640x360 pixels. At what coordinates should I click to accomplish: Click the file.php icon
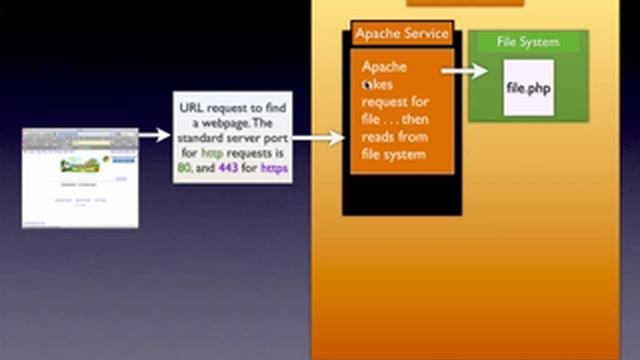pos(528,88)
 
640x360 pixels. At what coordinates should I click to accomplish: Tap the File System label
pos(527,43)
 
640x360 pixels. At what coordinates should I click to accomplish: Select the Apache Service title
pos(402,34)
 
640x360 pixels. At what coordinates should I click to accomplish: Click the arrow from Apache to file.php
pos(464,70)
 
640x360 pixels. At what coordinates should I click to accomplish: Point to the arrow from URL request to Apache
pos(319,139)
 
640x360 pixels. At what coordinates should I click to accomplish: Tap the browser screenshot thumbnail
pos(80,177)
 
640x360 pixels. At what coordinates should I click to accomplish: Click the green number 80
pos(184,169)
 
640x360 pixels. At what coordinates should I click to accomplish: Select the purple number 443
pos(228,169)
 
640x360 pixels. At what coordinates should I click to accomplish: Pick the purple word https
pos(273,169)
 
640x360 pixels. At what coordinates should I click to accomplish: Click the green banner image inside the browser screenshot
pos(79,165)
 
